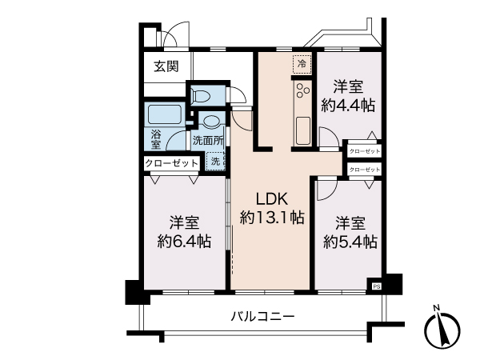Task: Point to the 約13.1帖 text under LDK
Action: [x=272, y=215]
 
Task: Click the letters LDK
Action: [x=272, y=198]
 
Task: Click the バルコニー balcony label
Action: [x=264, y=316]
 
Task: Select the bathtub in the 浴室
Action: [x=165, y=113]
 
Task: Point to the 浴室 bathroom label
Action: [x=157, y=138]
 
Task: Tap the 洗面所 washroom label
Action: [x=206, y=139]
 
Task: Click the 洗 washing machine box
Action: [x=214, y=161]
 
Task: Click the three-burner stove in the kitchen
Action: [x=302, y=94]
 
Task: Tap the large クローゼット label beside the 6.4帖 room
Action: [x=172, y=162]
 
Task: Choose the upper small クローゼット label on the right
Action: [x=365, y=150]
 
